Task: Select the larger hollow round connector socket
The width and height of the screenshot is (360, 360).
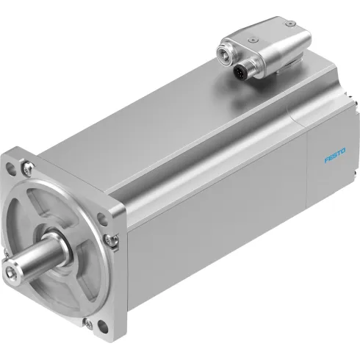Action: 223,52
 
